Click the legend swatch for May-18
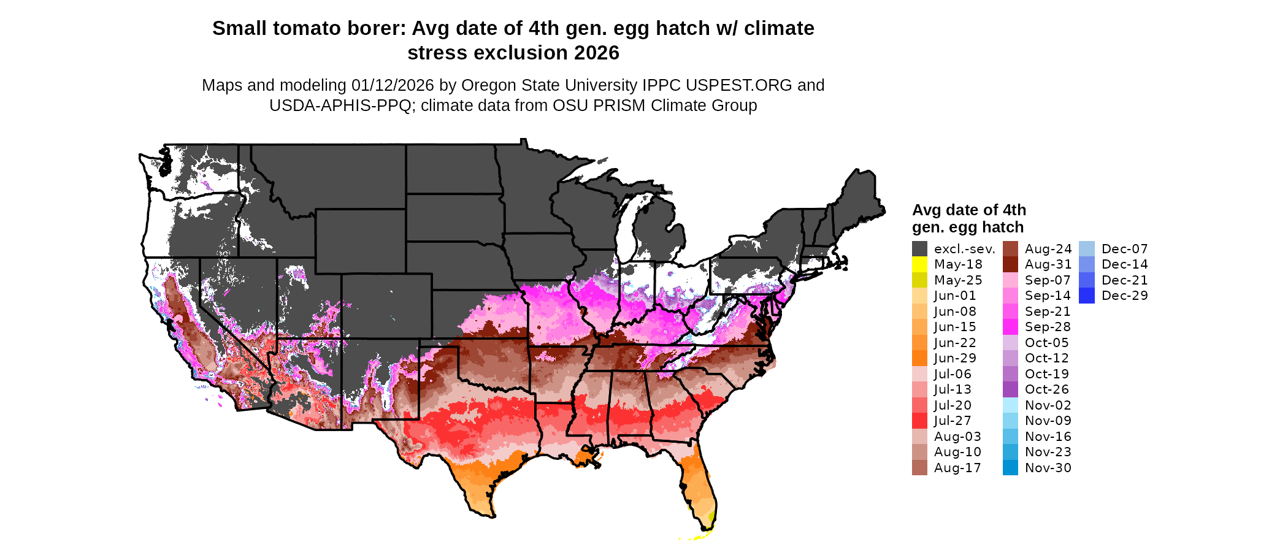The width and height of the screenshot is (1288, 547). coord(919,264)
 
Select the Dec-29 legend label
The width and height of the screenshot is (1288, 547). coord(1124,296)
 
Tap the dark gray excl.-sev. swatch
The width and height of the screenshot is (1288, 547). coord(919,249)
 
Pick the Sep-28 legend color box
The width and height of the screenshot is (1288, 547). coord(1010,327)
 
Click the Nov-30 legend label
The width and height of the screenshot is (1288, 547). coord(1048,468)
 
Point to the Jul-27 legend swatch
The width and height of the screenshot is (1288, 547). coord(919,421)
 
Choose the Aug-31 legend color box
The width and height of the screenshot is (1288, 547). coord(1010,264)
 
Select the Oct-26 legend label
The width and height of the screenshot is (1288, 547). coord(1046,389)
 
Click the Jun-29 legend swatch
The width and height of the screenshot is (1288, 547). coord(919,358)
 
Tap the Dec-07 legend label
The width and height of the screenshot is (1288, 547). coord(1124,249)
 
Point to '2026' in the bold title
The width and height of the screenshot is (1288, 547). coord(597,53)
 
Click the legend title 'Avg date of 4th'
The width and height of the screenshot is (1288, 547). coord(968,210)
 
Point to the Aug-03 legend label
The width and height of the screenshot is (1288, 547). coord(957,437)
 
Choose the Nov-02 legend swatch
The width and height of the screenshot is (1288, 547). coord(1010,405)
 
